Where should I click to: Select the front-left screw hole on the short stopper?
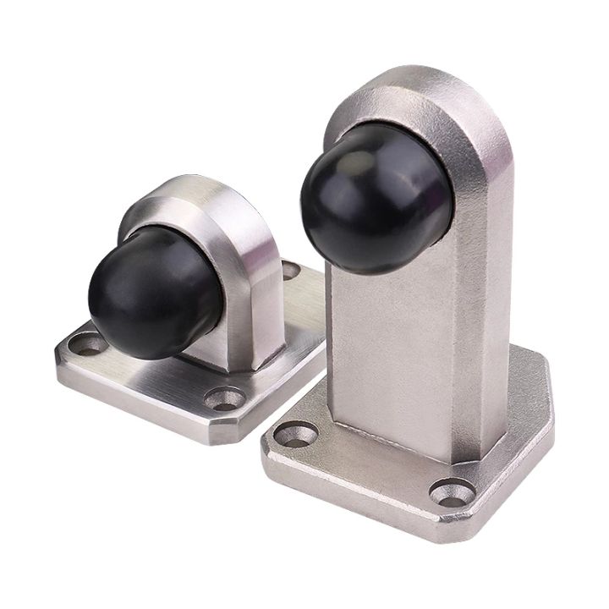[85, 343]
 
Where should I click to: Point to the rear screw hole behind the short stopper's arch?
[290, 271]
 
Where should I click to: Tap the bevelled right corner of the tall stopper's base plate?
[541, 398]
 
